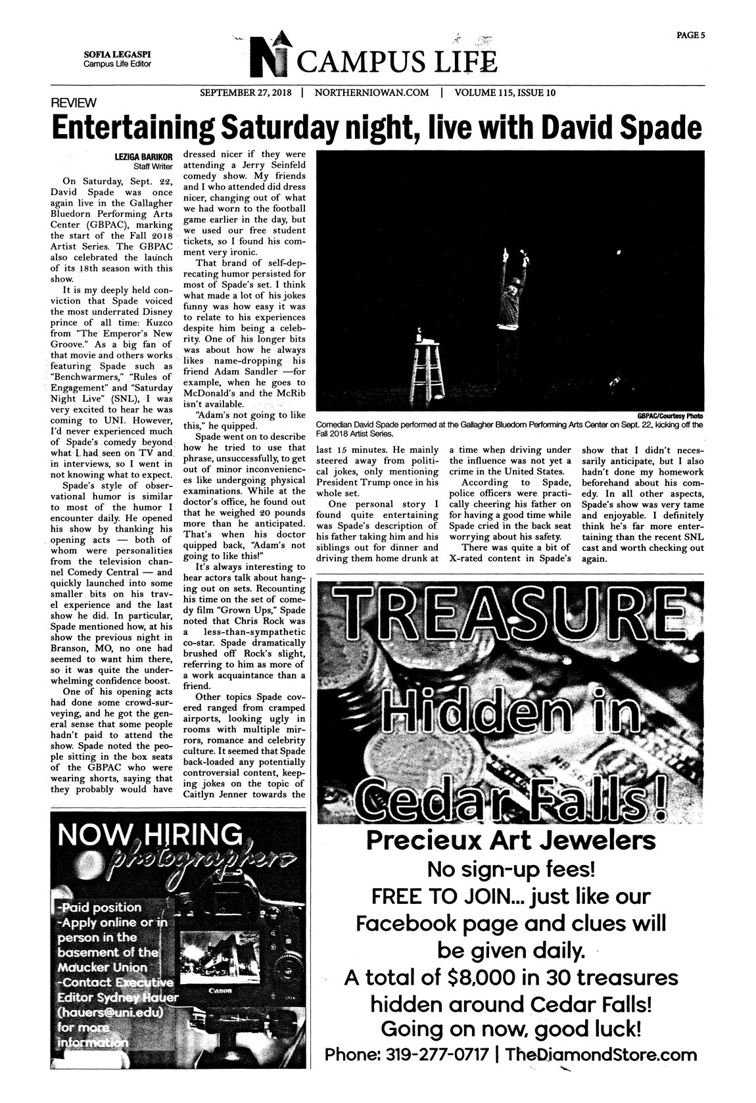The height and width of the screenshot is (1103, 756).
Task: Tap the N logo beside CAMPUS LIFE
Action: coord(272,55)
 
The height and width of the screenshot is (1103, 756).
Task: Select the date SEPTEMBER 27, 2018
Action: coord(246,93)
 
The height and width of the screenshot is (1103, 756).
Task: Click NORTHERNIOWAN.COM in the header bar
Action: coord(371,93)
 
